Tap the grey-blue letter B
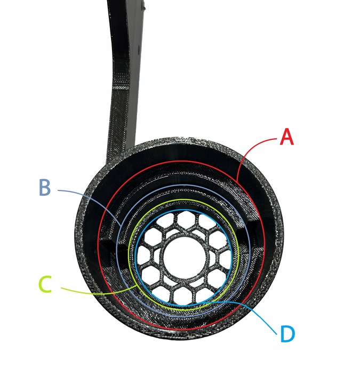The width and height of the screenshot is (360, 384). (45, 188)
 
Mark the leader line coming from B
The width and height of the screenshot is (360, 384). (85, 193)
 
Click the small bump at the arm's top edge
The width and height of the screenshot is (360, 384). (143, 7)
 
